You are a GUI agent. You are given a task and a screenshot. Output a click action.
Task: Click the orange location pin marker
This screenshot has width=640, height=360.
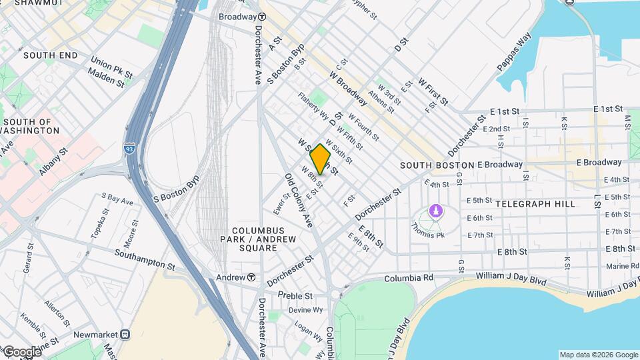[x=321, y=159]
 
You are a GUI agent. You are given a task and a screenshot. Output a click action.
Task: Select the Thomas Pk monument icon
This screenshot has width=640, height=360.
[x=435, y=211]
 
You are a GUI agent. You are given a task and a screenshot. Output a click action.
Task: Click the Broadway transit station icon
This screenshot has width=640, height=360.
[x=263, y=16]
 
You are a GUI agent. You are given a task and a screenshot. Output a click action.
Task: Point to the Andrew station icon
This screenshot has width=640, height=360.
[x=251, y=277]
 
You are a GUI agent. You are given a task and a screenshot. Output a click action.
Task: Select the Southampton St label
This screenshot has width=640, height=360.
[x=144, y=259]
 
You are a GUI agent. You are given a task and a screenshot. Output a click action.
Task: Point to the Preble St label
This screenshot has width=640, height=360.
[x=295, y=295]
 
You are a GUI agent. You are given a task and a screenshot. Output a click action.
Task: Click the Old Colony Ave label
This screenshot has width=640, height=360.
[x=299, y=201]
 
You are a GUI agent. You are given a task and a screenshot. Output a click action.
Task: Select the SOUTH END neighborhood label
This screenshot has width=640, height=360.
[x=51, y=55]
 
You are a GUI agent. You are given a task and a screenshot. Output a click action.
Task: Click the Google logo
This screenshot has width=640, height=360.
[x=21, y=352]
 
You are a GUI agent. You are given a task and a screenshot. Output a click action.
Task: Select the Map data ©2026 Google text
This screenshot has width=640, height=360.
[x=598, y=355]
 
